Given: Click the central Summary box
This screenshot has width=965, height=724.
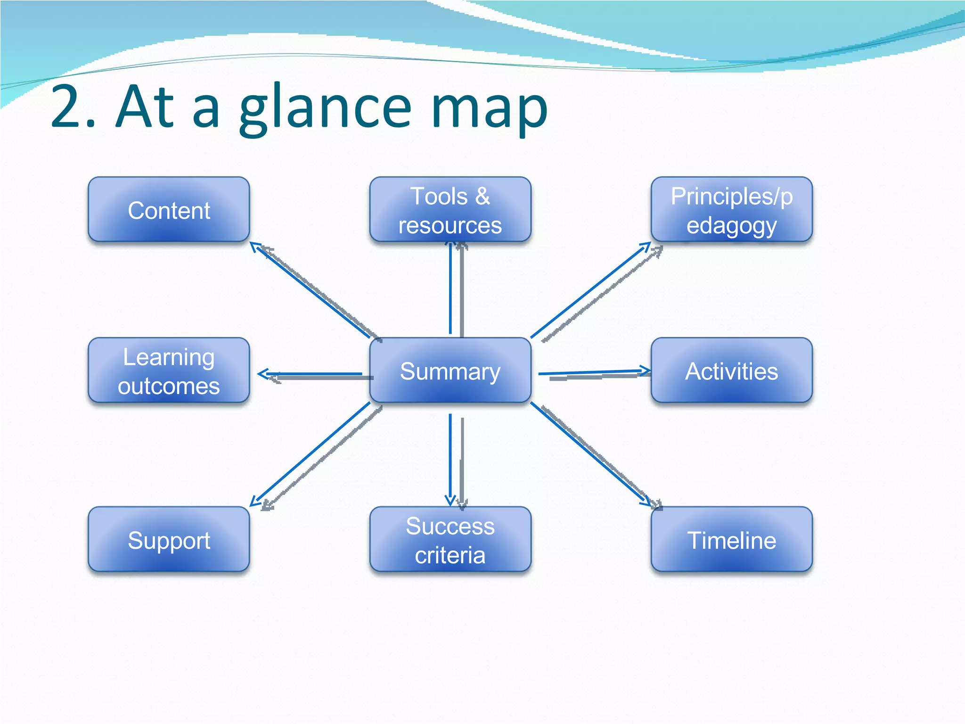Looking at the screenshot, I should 450,370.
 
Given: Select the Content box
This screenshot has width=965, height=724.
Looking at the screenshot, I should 169,210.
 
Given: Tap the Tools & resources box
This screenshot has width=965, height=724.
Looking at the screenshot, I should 450,210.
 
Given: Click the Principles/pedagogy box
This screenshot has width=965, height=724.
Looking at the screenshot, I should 731,210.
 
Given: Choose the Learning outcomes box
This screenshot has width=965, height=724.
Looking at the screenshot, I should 169,370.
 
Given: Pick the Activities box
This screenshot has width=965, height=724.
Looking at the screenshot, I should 731,370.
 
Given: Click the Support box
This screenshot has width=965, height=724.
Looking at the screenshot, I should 169,540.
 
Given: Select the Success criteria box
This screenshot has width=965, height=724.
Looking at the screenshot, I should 450,540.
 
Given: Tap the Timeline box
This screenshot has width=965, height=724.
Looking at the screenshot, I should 731,540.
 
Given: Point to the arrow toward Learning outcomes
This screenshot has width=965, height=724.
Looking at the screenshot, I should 311,374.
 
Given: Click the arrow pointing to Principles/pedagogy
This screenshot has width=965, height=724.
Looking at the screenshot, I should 591,289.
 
